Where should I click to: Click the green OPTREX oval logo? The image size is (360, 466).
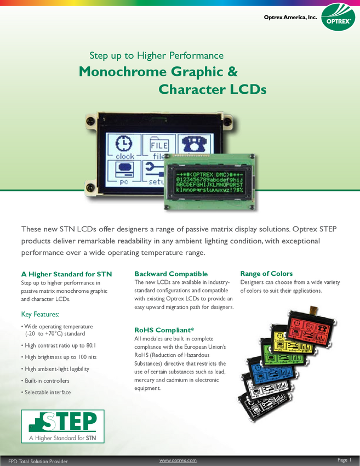[338, 18]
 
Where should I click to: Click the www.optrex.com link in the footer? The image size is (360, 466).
[178, 461]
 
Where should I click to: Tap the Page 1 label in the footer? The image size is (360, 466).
[344, 460]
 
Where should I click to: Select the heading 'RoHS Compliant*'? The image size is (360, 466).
[164, 330]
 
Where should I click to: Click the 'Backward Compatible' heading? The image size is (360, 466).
[171, 274]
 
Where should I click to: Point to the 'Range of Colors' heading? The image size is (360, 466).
[266, 274]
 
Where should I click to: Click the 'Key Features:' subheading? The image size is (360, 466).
[40, 314]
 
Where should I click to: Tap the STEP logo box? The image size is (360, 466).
[62, 426]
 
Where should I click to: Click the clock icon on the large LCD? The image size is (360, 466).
[124, 144]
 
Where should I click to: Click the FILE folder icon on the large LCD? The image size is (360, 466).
[159, 144]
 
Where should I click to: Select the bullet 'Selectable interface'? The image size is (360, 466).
[46, 393]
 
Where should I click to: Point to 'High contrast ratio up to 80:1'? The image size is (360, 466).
[59, 345]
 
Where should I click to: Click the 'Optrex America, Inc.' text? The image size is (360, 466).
[290, 17]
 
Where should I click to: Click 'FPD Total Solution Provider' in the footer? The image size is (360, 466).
[38, 461]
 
